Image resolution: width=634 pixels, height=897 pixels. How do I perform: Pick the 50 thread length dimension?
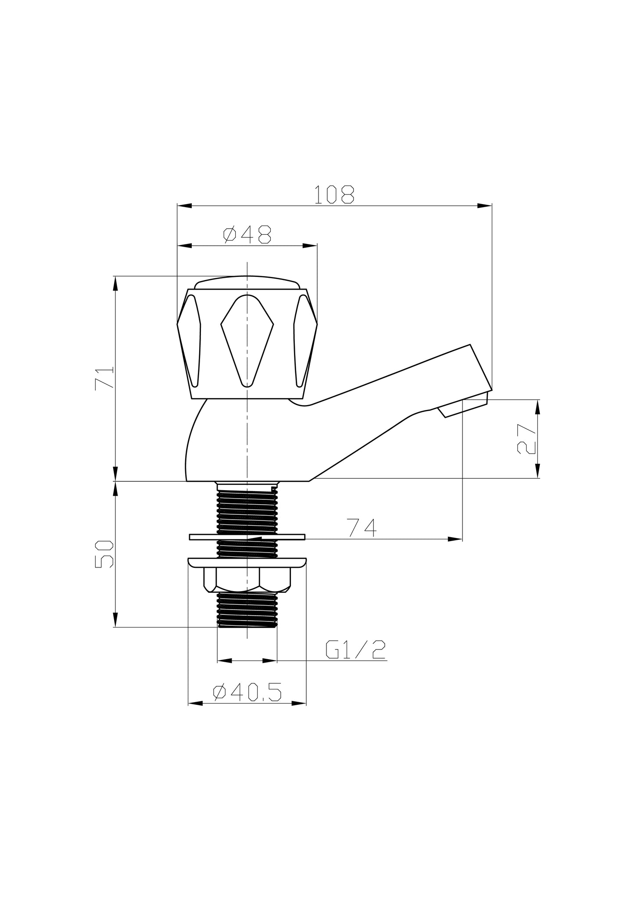coord(104,554)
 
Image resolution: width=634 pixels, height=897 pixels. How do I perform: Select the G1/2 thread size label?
coord(355,649)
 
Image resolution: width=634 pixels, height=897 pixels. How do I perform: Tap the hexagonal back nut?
coord(247,579)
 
